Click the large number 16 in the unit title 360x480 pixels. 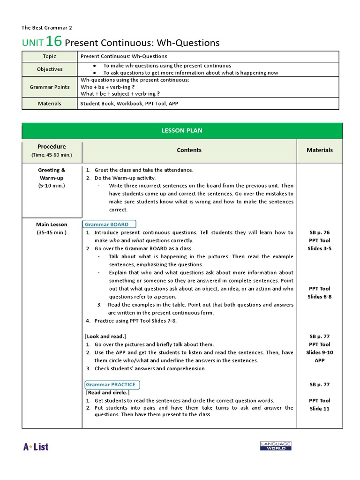point(54,41)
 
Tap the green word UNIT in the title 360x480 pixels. point(33,43)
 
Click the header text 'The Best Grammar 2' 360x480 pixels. point(47,28)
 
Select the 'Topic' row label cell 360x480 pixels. point(50,56)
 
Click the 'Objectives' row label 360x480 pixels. point(50,69)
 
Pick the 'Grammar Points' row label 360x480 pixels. point(50,87)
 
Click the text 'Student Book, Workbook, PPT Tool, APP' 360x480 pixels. point(129,104)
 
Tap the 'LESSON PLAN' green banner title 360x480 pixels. point(182,130)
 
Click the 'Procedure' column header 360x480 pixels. point(52,147)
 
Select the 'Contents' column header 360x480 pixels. point(189,150)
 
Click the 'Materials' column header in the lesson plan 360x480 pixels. point(319,150)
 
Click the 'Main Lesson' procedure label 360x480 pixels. point(52,225)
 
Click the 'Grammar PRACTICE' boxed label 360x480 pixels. point(111,384)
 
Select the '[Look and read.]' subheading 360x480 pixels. point(105,336)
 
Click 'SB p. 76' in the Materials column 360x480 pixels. point(319,232)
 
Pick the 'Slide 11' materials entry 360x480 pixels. point(319,408)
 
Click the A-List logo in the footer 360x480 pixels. point(36,447)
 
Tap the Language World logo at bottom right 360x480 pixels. point(276,446)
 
